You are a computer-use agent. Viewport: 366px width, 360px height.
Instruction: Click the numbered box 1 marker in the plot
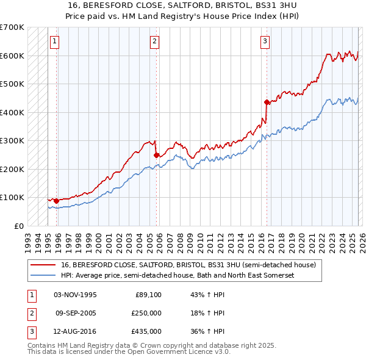[x=55, y=41]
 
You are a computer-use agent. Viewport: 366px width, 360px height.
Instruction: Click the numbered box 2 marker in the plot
[x=155, y=41]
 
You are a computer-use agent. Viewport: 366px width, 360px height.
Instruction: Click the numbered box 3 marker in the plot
[x=265, y=41]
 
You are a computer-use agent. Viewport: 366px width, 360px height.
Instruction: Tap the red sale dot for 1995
[x=56, y=200]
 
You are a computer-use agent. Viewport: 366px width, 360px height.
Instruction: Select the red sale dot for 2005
[x=156, y=155]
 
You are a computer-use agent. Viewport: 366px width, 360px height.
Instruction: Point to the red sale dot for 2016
[x=267, y=102]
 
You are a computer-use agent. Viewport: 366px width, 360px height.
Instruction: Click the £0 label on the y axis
[x=19, y=226]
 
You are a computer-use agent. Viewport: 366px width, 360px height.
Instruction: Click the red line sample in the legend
[x=44, y=265]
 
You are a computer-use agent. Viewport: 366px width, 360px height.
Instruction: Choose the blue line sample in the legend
[x=44, y=276]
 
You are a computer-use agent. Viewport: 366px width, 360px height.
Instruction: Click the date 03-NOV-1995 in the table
[x=75, y=295]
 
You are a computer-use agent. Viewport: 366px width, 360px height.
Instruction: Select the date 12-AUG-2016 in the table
[x=75, y=331]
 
